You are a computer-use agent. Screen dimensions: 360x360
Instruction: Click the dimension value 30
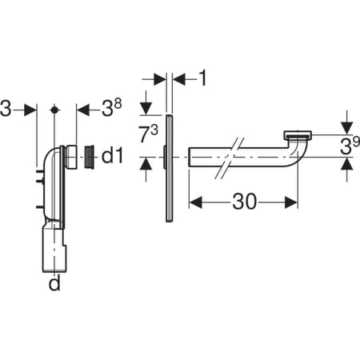(x=245, y=202)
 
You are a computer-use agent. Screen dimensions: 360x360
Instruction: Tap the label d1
(x=112, y=156)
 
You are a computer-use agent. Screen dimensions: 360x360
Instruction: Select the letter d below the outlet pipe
(x=54, y=283)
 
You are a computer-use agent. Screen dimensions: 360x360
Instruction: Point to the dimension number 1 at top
(x=203, y=78)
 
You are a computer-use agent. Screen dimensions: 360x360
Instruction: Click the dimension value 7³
(x=149, y=134)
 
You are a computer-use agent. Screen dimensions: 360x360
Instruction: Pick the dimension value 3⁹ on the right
(x=350, y=146)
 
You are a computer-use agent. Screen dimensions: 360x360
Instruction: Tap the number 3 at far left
(x=6, y=109)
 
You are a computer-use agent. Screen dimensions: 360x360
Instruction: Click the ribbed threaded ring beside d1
(x=89, y=157)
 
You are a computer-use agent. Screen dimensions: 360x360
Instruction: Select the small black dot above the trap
(x=54, y=110)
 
